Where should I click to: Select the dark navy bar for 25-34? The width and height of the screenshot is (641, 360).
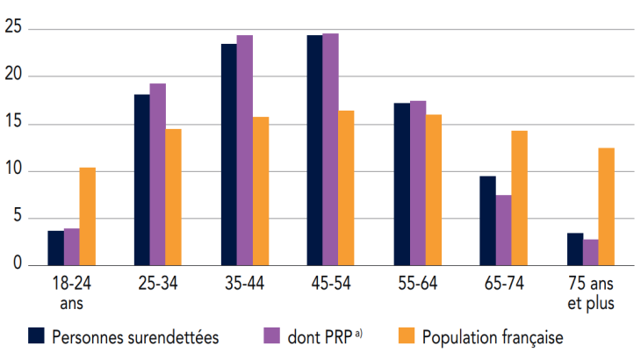point(141,179)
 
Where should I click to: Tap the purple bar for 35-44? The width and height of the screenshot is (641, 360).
point(244,150)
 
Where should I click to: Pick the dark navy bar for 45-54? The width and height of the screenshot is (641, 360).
point(314,150)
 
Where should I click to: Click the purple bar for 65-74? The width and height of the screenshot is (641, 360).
point(503,230)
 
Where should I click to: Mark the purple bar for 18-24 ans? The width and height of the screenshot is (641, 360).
point(71,247)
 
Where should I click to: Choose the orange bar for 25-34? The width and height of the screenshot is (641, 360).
point(173,197)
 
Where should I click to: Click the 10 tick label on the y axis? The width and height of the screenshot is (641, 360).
point(12,171)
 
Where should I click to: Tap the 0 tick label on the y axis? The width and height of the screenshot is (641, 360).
point(17,265)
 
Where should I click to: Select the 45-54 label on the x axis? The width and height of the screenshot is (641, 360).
point(329,284)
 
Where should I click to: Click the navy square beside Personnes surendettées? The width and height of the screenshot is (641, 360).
point(37,335)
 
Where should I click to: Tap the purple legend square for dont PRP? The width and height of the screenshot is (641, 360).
point(271,335)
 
